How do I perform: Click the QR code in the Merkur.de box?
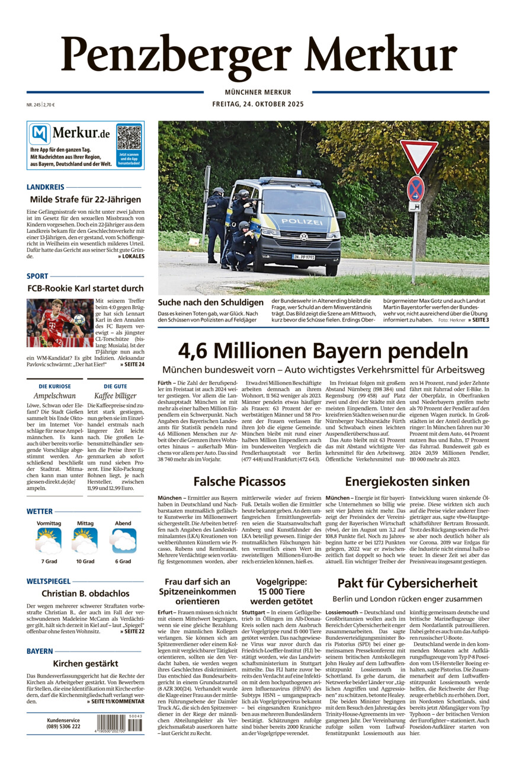(x=129, y=137)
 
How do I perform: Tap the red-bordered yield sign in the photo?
(x=419, y=155)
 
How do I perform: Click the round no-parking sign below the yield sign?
(x=416, y=188)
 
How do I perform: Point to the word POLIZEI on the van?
(x=302, y=222)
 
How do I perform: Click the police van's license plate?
(x=303, y=258)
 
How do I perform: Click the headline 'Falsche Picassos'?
(x=239, y=481)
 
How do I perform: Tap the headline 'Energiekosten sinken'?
(x=407, y=481)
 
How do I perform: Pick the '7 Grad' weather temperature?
(x=49, y=561)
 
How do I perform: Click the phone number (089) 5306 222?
(x=63, y=726)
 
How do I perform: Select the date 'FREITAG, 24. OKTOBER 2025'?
(x=258, y=104)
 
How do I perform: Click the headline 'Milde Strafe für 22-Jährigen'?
(x=85, y=199)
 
